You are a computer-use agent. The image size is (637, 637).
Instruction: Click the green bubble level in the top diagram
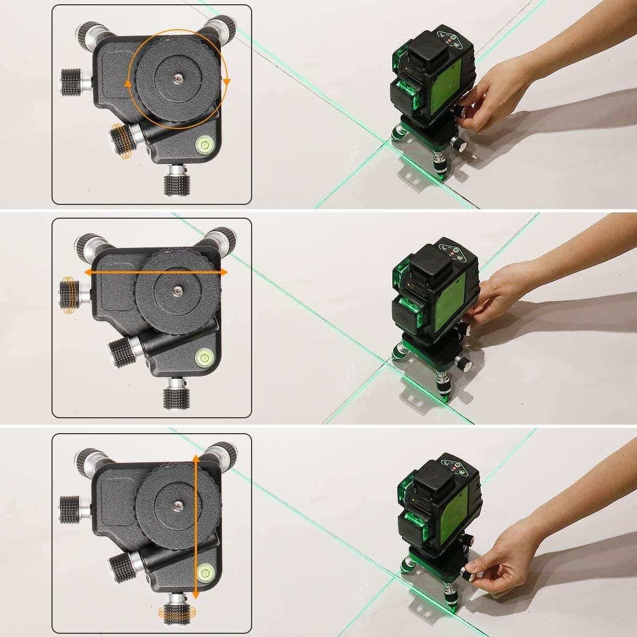[x=204, y=144]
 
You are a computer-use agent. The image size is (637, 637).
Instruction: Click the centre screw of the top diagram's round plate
[x=176, y=78]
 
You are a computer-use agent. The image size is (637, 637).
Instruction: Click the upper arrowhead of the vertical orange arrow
[x=196, y=458]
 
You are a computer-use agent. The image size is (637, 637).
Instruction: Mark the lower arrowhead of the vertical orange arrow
[x=196, y=596]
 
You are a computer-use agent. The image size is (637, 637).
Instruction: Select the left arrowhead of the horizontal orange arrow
[x=87, y=272]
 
